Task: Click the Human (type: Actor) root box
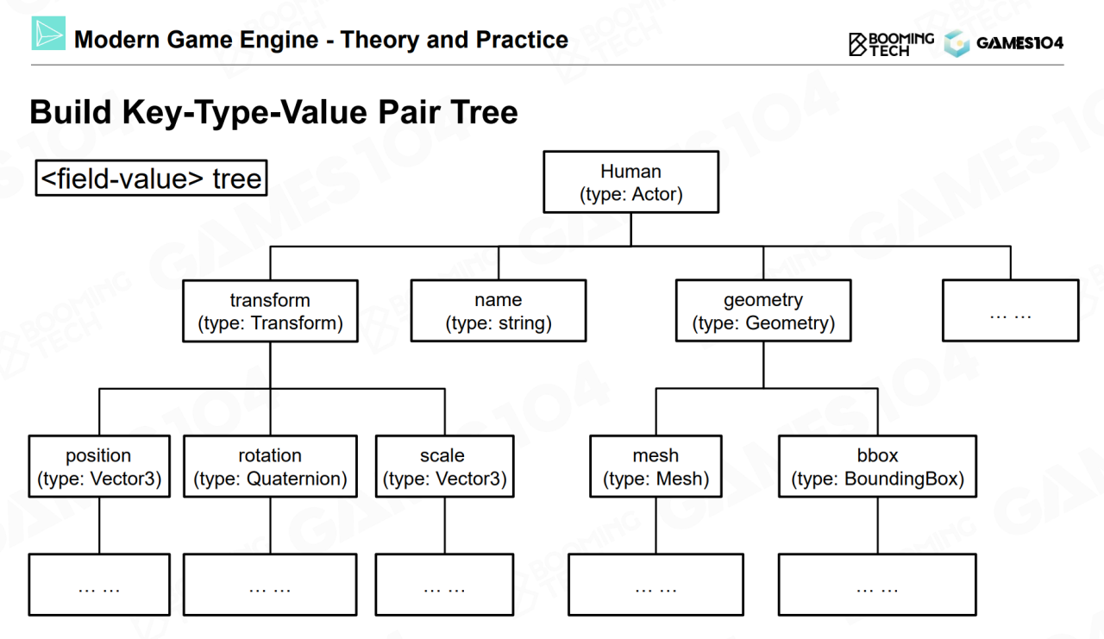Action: tap(630, 182)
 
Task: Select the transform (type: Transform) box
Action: tap(270, 311)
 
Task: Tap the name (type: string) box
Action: tap(498, 311)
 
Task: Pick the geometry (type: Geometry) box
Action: tap(763, 311)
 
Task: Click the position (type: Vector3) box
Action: tap(99, 467)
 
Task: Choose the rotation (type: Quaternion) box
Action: tap(270, 467)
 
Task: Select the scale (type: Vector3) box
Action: tap(444, 467)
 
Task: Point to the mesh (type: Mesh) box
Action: tap(655, 467)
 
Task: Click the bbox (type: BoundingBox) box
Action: tap(877, 467)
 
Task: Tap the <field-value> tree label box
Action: tap(151, 179)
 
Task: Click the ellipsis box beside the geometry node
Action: tap(1010, 310)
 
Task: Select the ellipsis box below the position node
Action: tap(99, 586)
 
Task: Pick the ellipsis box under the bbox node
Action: tap(877, 586)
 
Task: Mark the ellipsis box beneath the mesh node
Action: tap(655, 586)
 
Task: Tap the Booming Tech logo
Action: tap(890, 43)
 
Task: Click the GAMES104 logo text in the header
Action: tap(1019, 43)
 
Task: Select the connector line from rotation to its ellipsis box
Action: tap(270, 526)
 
